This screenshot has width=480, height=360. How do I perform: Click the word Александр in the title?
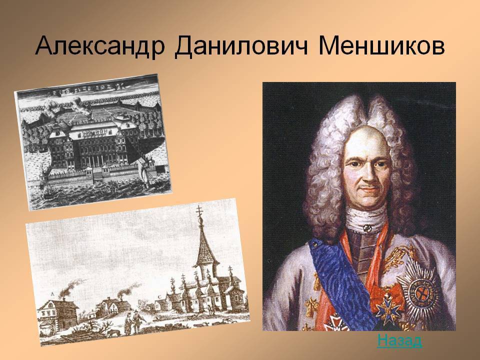point(100,46)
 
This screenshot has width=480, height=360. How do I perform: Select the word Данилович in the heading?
point(241,46)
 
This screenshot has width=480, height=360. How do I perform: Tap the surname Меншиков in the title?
point(381,46)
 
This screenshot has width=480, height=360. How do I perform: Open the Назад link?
point(399,340)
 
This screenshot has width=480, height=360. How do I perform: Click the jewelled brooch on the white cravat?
point(367,228)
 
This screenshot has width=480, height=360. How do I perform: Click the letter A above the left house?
point(52,294)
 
